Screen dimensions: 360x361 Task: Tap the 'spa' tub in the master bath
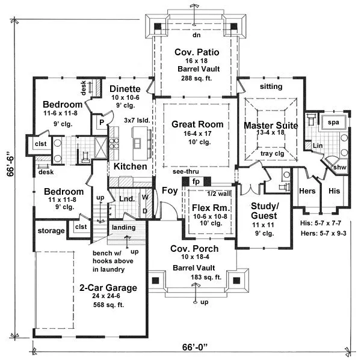click(332, 122)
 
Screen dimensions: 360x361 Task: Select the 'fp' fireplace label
click(196, 181)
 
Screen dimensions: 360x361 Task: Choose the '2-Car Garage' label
click(108, 287)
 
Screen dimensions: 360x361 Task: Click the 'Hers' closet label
click(307, 191)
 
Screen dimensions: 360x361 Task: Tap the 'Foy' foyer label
click(168, 191)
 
